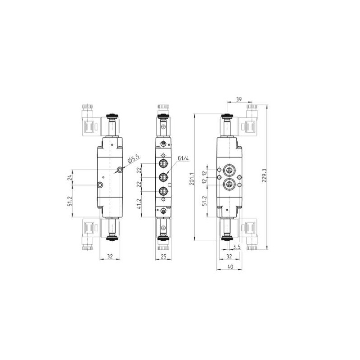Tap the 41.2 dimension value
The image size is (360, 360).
[x=139, y=205]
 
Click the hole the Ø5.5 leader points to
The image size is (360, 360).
[x=120, y=170]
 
